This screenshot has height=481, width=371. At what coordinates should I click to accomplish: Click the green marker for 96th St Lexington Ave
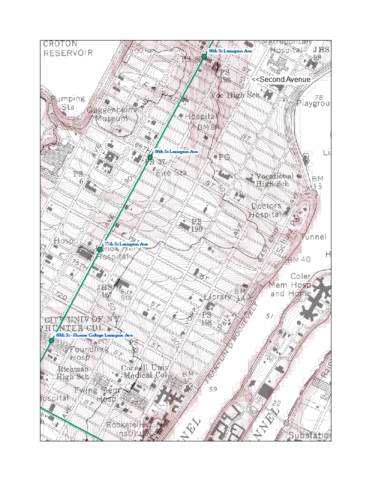(x=204, y=56)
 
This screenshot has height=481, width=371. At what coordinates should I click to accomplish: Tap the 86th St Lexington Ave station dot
(x=150, y=157)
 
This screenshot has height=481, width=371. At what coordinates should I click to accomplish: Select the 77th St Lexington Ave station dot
(x=100, y=249)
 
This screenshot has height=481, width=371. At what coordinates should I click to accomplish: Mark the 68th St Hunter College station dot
(x=51, y=341)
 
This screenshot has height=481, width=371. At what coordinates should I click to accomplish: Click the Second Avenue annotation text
(x=281, y=79)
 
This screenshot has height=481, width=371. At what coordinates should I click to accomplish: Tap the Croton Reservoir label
(x=68, y=48)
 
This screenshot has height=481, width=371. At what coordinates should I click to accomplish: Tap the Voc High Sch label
(x=235, y=95)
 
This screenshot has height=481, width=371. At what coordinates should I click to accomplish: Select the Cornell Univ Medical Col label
(x=145, y=371)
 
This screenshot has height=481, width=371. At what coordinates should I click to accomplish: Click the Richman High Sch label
(x=73, y=373)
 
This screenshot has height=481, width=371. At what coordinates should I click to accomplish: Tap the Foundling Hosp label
(x=89, y=353)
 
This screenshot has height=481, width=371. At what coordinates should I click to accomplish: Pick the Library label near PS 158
(x=218, y=297)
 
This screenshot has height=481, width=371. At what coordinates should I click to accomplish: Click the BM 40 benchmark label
(x=299, y=260)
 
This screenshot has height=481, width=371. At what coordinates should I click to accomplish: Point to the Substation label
(x=309, y=435)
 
